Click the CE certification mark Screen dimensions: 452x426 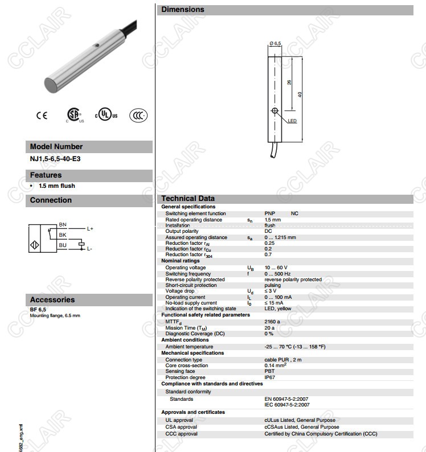point(42,116)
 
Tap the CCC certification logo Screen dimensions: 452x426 point(138,115)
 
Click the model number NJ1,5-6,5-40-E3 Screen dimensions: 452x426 point(55,159)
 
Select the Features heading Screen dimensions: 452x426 point(46,175)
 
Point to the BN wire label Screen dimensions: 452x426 point(63,226)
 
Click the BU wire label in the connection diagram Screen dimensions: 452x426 point(63,245)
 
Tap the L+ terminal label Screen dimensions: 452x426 point(89,229)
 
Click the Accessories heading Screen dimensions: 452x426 point(52,299)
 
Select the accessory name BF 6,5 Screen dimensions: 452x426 point(38,309)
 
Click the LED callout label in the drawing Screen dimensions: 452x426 point(292,121)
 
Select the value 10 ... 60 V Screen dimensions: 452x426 point(276,268)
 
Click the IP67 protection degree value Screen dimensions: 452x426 point(269,377)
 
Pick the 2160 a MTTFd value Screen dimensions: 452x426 point(272,322)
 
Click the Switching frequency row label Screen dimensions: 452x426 point(187,274)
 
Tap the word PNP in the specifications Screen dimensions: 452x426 point(270,213)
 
